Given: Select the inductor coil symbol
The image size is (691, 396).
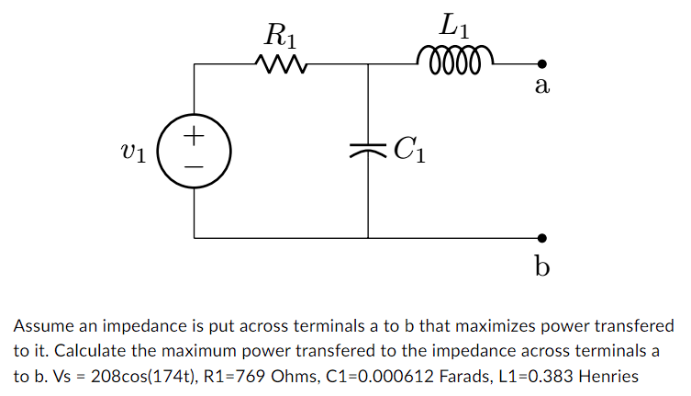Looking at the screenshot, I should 455,62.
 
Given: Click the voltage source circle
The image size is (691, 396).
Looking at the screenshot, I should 194,151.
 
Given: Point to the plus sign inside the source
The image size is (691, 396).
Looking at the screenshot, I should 194,137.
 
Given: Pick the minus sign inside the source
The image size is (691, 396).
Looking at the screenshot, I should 194,165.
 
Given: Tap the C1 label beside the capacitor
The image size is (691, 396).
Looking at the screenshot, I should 408,148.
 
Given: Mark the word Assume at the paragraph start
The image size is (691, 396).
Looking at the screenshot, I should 40,325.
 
